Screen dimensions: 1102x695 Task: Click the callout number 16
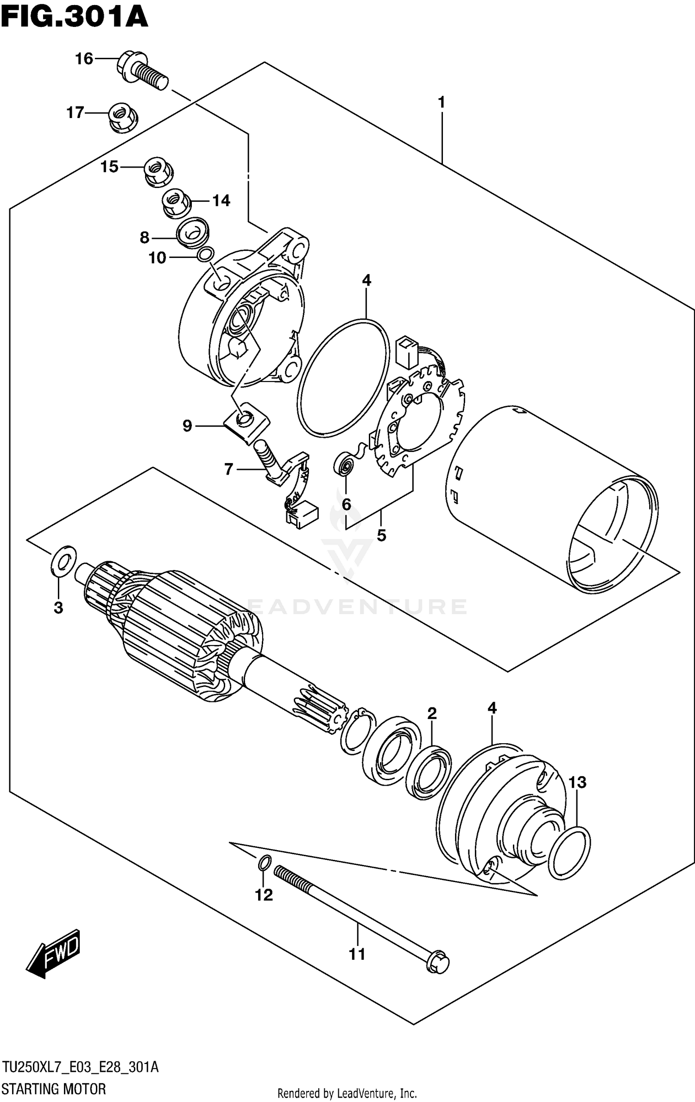coord(84,59)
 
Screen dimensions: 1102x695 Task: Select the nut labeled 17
coord(123,116)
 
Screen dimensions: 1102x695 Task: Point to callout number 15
coord(109,167)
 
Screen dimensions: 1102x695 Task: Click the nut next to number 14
coord(176,202)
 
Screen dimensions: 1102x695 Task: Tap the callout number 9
coord(187,426)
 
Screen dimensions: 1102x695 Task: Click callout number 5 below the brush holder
coord(381,535)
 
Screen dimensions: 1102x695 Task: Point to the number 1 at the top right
coord(441,102)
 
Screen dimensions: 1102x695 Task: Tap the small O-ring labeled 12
coord(263,863)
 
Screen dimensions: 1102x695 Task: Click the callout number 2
coord(432,713)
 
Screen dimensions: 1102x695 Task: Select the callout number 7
coord(228,470)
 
